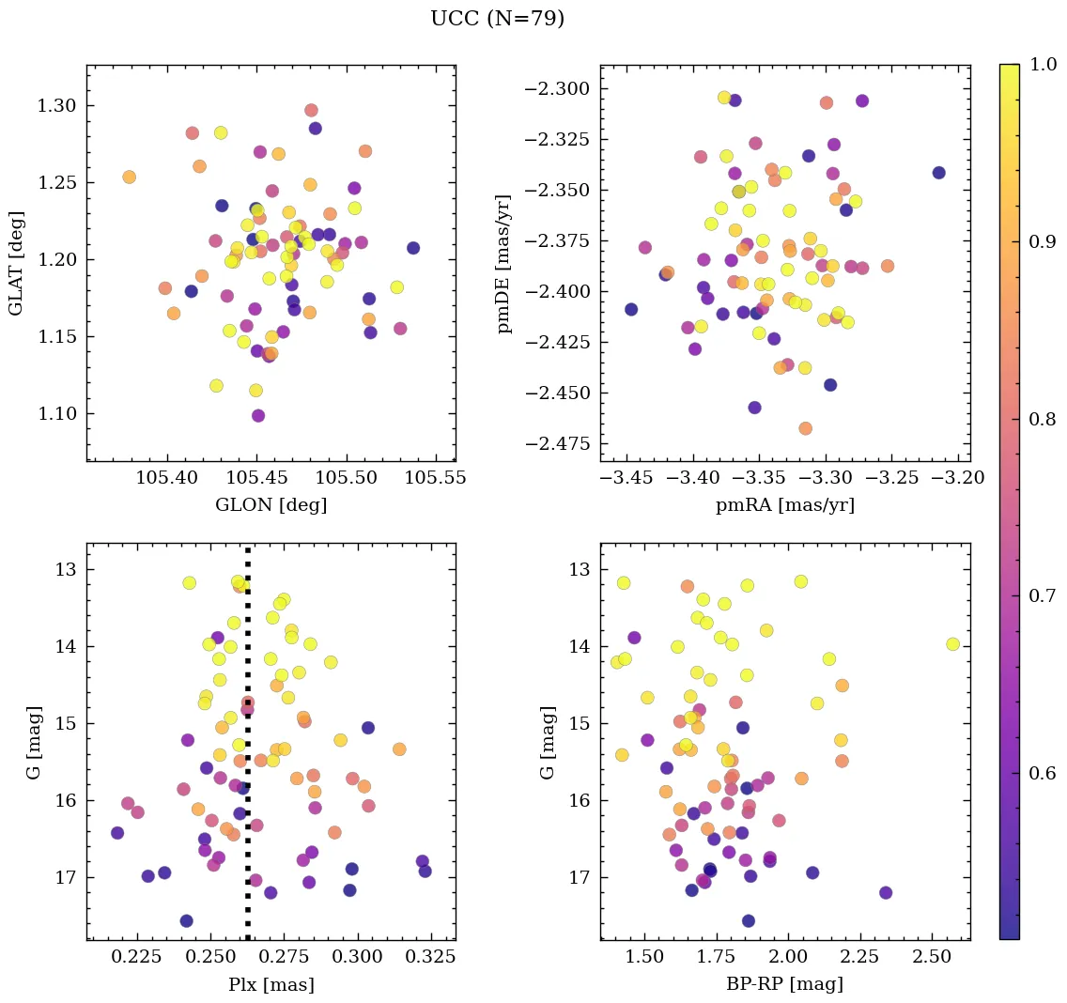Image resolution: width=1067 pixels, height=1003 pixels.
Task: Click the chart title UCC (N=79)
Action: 497,19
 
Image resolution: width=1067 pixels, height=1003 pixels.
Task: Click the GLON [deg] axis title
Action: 271,505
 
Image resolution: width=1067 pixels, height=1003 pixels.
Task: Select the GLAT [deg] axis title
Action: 16,263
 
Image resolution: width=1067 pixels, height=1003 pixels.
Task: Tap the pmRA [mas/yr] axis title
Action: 785,505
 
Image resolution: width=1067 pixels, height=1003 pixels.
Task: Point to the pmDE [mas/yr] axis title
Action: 504,263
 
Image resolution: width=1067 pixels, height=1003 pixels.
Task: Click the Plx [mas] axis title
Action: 271,984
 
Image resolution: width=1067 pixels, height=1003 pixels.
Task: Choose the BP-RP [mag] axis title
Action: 785,984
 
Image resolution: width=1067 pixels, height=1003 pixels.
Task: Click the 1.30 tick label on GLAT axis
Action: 55,105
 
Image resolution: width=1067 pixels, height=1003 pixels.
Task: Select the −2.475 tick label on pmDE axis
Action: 554,443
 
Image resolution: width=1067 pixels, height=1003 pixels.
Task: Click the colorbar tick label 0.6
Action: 1040,773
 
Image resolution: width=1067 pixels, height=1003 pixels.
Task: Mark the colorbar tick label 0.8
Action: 1040,419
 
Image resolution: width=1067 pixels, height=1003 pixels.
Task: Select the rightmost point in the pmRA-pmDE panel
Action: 938,173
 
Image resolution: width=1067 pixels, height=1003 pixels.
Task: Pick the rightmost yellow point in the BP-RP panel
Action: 952,644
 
